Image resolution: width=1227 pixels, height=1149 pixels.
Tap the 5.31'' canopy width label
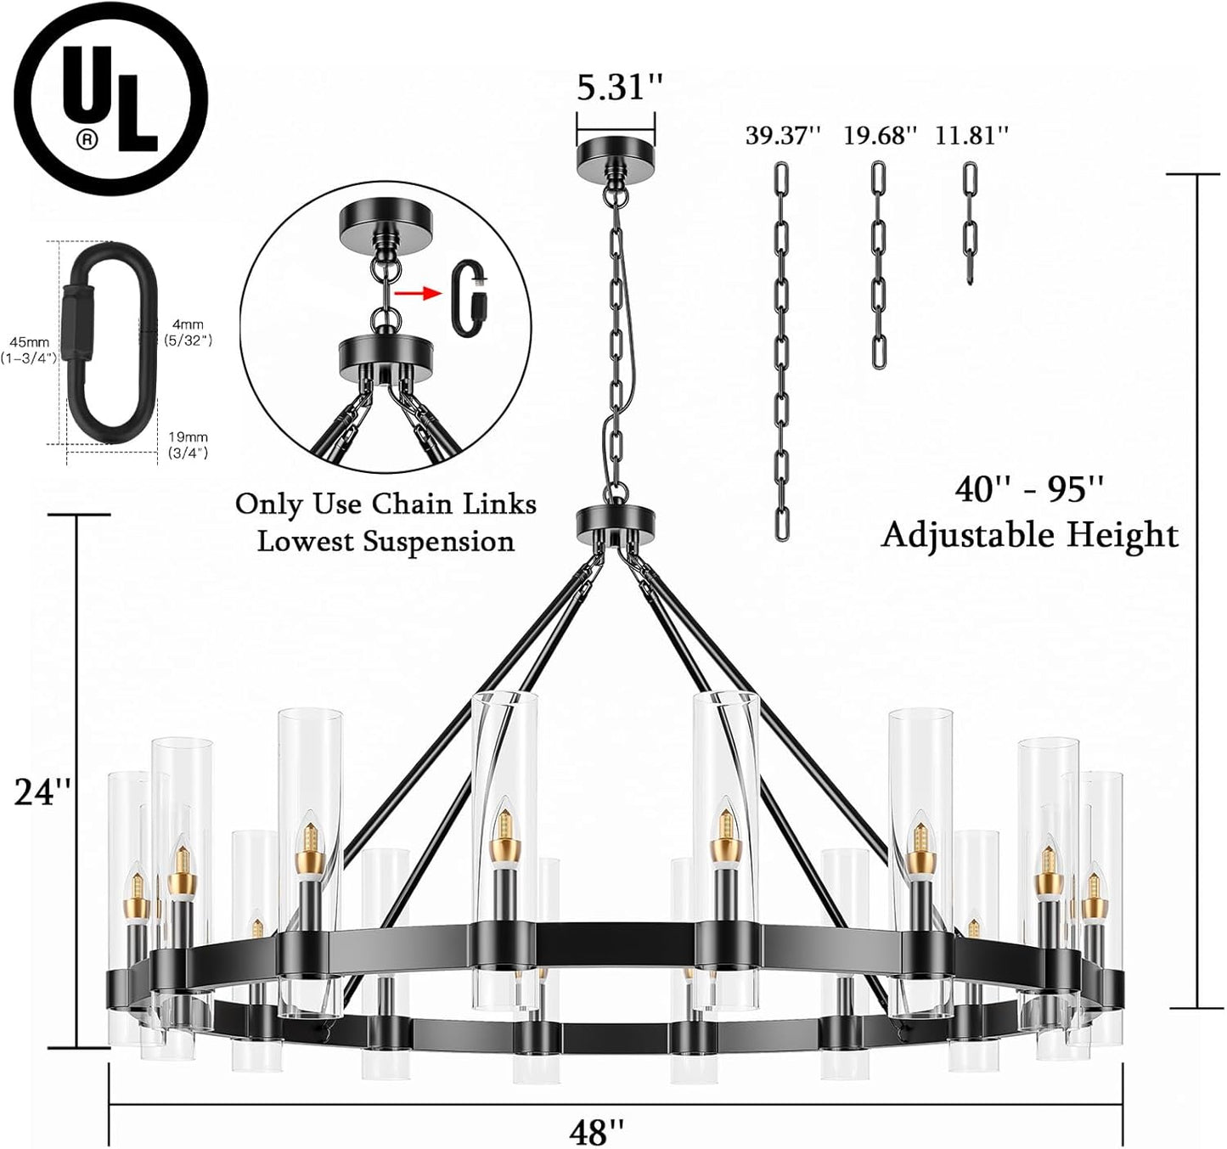coord(619,87)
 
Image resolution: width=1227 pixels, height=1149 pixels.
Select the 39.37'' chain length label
coord(783,136)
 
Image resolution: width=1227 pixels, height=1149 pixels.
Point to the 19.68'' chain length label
coord(880,136)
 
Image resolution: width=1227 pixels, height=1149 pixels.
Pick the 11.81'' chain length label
coord(972,136)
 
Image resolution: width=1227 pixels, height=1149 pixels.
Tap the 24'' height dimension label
coord(42,791)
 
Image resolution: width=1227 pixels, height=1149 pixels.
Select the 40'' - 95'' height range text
coord(1029,489)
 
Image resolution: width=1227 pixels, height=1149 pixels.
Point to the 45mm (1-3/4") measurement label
coord(31,350)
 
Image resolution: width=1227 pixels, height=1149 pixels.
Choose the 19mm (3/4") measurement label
coord(187,445)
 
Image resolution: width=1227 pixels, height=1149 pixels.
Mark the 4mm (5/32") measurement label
coord(187,332)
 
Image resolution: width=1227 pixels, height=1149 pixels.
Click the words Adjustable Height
coord(1029,535)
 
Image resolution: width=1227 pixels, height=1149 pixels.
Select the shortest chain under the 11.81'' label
coord(970,222)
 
